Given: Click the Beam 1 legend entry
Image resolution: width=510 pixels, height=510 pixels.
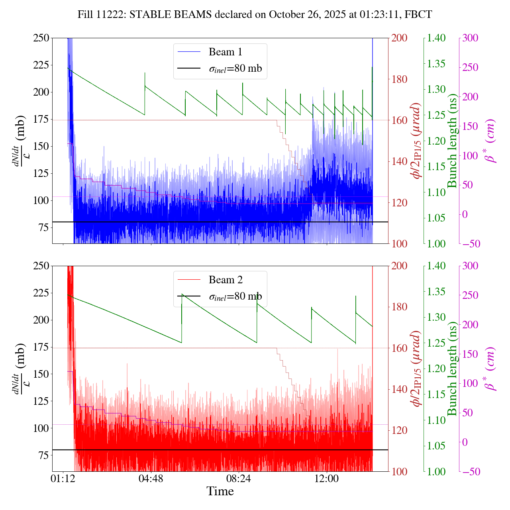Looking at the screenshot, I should point(225,52).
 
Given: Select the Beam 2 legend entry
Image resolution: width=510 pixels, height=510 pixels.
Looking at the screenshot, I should point(225,280).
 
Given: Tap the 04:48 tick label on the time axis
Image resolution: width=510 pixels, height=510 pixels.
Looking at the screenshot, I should point(151,478).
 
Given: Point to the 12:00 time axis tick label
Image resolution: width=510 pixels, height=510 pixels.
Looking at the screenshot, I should point(327,478).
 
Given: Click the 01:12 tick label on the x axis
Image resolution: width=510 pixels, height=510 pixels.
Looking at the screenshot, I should point(63,478).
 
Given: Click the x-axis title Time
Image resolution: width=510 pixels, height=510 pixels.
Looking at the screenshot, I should point(220,491).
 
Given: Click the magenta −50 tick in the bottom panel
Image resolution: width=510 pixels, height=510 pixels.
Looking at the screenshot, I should point(470,472).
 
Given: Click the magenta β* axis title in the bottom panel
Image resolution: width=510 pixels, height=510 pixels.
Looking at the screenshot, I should point(489,369).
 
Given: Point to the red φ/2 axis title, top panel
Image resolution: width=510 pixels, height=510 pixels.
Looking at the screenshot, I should point(416,141).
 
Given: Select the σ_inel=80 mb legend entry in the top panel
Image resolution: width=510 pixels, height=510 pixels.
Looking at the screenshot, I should point(235,69).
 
